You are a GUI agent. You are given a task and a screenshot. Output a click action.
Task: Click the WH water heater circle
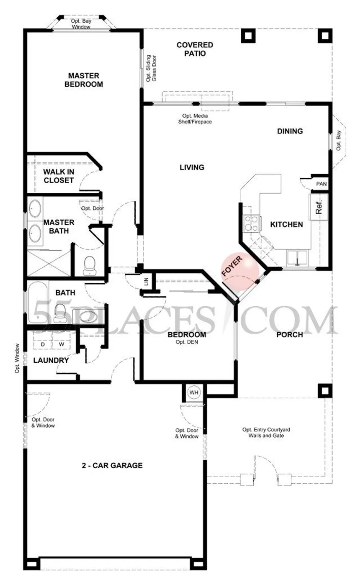point(194,392)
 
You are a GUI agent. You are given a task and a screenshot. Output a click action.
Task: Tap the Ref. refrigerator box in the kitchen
point(319,207)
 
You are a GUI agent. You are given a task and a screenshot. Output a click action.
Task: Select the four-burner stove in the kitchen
point(251,223)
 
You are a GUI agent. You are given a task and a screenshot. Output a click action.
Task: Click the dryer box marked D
point(43,340)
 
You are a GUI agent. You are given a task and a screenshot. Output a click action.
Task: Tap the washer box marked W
point(62,340)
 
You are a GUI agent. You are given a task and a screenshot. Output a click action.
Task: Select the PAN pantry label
point(321,184)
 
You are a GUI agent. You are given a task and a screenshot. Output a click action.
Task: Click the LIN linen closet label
point(146,282)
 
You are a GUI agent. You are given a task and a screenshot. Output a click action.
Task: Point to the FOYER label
point(232,266)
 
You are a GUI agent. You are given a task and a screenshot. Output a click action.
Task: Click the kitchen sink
point(297,258)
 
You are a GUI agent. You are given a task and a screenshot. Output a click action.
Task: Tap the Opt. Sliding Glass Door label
point(151,68)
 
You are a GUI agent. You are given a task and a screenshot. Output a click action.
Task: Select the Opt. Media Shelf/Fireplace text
point(195,118)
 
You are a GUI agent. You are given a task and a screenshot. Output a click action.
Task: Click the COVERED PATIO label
point(195,49)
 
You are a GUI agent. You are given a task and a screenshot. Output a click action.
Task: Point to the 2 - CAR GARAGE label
point(112,465)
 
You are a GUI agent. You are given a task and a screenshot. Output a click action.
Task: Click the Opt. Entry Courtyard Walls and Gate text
point(266,433)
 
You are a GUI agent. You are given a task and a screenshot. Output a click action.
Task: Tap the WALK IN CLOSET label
point(59,176)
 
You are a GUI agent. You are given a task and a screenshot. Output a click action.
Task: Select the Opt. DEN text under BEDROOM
point(187,342)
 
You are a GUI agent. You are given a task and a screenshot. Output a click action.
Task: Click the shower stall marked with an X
point(49,262)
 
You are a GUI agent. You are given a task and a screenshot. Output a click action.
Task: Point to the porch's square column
point(325,391)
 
